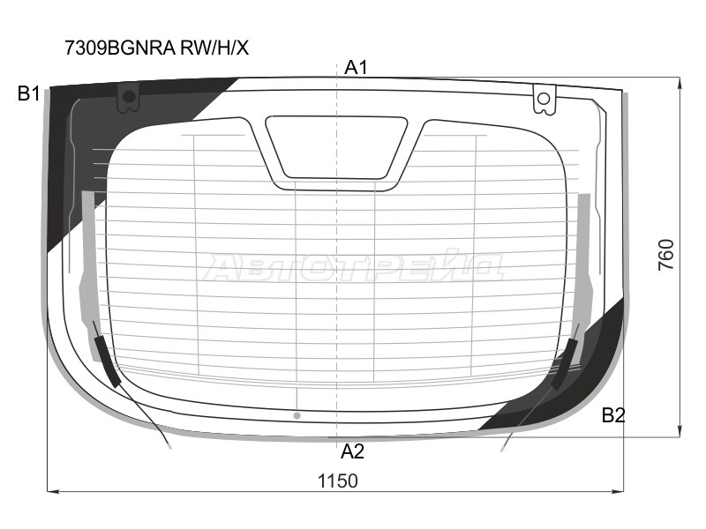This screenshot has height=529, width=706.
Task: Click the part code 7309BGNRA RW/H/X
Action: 156,48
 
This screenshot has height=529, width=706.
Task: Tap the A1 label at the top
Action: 356,67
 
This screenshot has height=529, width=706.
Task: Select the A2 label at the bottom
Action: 352,452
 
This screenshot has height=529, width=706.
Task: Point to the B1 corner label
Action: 28,93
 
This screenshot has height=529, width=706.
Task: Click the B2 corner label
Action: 613,416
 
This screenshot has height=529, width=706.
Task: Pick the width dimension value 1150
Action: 337,481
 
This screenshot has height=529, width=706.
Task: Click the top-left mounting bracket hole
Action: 130,95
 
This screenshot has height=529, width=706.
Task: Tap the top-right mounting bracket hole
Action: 545,98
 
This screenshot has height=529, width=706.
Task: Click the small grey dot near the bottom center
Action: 297,414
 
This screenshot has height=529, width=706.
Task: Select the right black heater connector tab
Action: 564,361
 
